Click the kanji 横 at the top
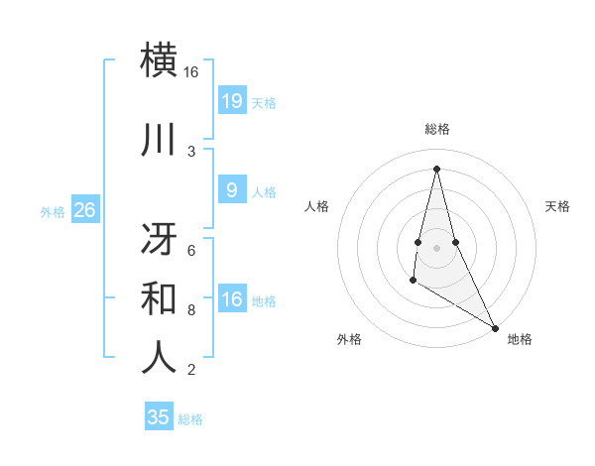click(x=160, y=59)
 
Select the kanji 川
click(x=160, y=140)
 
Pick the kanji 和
click(x=160, y=297)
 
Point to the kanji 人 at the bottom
click(x=160, y=357)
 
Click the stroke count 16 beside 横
click(x=191, y=72)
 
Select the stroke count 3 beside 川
click(x=191, y=151)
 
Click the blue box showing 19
click(x=231, y=100)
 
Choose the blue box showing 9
click(x=231, y=190)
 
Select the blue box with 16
click(x=231, y=299)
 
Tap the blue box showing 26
click(x=84, y=210)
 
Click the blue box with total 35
click(x=159, y=417)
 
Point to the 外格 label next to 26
click(x=52, y=212)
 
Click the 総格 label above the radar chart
click(x=436, y=129)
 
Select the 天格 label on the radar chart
click(x=557, y=206)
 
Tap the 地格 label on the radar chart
click(x=520, y=339)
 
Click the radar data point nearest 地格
click(x=496, y=328)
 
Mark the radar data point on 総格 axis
click(x=436, y=169)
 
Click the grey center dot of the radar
click(x=436, y=233)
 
